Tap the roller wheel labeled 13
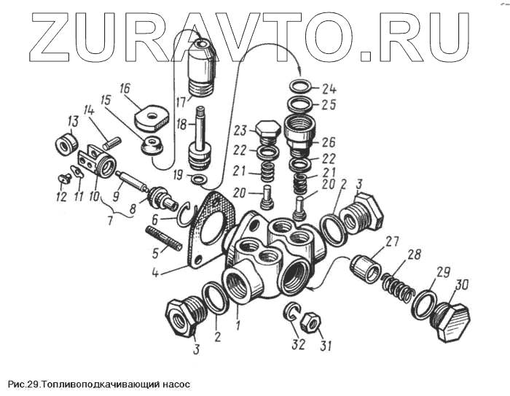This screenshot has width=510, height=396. [x=67, y=143]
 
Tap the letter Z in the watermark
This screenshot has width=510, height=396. [x=46, y=36]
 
